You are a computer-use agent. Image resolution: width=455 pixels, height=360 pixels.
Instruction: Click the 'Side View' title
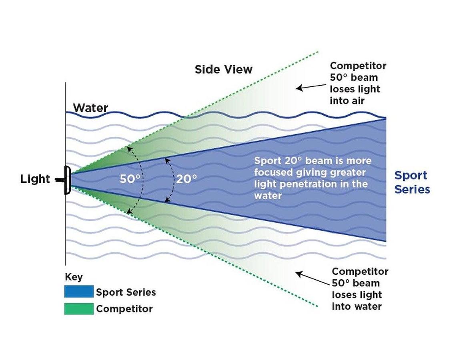pos(223,69)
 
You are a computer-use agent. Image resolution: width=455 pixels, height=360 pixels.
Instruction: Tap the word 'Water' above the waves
pos(90,108)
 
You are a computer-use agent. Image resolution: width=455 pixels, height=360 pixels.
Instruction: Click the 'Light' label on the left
pos(35,179)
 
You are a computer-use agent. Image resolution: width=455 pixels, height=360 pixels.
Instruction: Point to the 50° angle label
pos(130,179)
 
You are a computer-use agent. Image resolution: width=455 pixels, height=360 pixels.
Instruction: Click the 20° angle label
pos(186,179)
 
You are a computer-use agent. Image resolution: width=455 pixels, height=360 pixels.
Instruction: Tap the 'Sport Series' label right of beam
pos(412,182)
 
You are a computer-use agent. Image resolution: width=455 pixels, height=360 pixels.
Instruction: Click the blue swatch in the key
pos(79,292)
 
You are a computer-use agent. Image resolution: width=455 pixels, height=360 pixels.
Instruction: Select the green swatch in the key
pos(79,308)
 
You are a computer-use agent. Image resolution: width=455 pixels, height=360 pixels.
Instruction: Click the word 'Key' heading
pos(74,277)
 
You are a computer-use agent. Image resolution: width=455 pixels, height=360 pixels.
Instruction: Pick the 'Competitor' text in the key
pos(124,309)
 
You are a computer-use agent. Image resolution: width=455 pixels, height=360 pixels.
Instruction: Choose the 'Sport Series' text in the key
pos(126,292)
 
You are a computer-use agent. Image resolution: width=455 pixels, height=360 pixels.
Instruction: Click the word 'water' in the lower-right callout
pos(367,306)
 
